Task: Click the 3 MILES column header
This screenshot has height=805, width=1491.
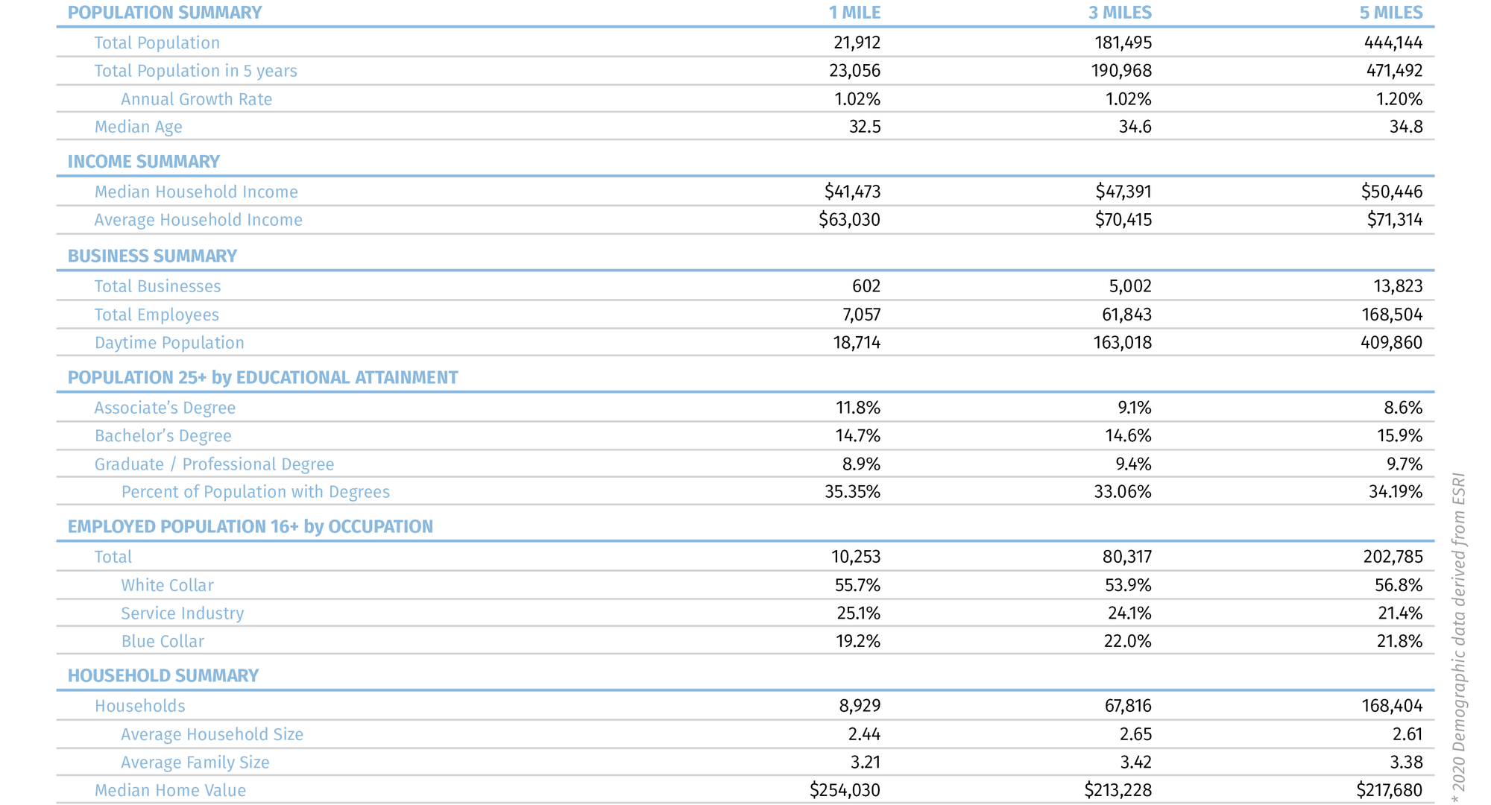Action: [x=1120, y=13]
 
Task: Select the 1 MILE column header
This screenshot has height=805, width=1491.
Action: [x=854, y=13]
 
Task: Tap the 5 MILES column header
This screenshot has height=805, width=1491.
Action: [x=1390, y=13]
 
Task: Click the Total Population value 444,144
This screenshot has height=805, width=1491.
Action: [x=1393, y=43]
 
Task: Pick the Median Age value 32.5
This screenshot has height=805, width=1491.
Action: [x=865, y=127]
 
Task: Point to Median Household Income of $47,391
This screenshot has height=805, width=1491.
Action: [x=1123, y=192]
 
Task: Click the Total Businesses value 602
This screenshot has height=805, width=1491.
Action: [x=866, y=286]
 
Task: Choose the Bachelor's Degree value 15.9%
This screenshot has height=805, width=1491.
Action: [x=1399, y=436]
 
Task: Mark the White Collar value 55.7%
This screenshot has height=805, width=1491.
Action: [x=857, y=585]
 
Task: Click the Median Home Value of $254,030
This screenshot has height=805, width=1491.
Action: [x=845, y=790]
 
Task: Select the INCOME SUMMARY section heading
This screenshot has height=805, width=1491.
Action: [x=144, y=162]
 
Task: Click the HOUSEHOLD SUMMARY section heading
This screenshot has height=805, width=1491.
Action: [x=163, y=675]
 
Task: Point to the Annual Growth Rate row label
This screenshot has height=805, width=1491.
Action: [x=197, y=99]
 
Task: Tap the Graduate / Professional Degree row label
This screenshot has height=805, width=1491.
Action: [x=214, y=464]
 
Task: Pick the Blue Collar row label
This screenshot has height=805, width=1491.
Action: [x=163, y=641]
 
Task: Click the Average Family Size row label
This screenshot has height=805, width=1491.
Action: [x=195, y=763]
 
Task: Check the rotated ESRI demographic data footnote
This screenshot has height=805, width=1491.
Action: [x=1459, y=637]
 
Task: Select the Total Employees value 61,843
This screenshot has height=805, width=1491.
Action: [x=1126, y=315]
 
